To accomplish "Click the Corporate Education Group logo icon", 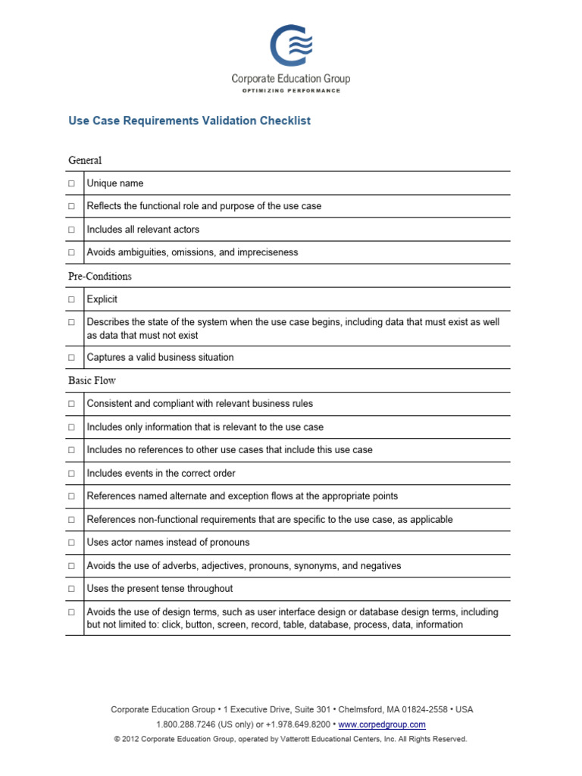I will point(291,45).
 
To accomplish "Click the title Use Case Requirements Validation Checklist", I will point(189,120).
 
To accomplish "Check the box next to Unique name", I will point(71,183).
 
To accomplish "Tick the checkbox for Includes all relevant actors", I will point(71,230).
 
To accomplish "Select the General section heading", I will point(85,161).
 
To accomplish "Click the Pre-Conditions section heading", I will point(100,277).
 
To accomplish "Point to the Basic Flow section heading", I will point(92,380).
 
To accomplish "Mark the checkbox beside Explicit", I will point(71,299).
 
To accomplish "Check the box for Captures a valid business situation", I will point(71,358).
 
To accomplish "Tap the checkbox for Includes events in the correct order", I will point(71,474).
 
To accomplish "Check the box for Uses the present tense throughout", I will point(71,589).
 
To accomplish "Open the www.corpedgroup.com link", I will point(382,724).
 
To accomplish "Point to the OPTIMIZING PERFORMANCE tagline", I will point(291,91).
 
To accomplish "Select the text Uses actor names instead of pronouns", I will point(168,543).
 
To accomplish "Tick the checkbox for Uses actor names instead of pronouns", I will point(71,543).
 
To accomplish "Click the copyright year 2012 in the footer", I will point(130,739).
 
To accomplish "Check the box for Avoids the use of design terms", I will point(71,612).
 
